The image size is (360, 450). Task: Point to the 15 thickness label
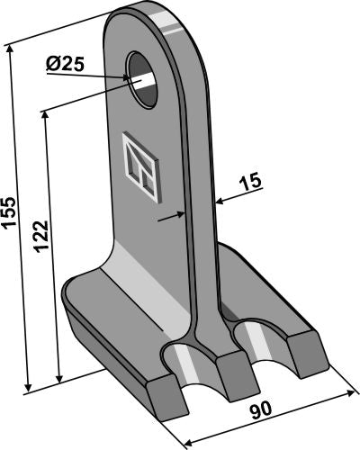click(x=250, y=182)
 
